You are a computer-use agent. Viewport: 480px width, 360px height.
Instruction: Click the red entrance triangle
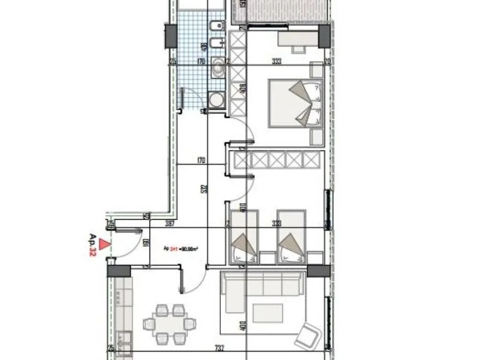pos(105,244)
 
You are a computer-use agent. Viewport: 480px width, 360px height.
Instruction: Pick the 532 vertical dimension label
pos(203,189)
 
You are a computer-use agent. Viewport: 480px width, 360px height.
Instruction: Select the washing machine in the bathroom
pos(217,99)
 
